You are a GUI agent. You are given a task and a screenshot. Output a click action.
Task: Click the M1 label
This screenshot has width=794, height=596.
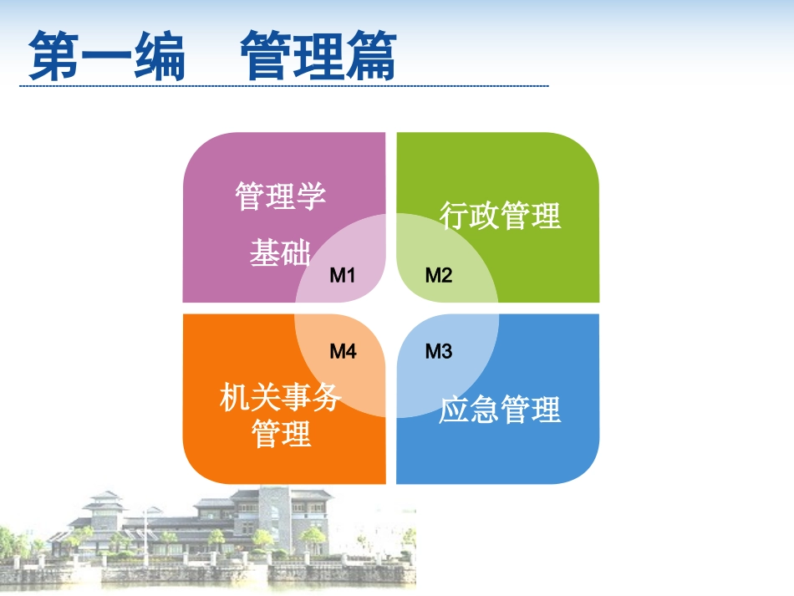pos(343,276)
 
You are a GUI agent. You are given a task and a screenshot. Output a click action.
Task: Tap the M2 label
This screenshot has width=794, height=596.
pos(439,276)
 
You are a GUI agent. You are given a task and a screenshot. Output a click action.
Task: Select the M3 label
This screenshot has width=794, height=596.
pos(439,351)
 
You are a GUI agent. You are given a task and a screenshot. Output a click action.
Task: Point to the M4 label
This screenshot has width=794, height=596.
pos(343,351)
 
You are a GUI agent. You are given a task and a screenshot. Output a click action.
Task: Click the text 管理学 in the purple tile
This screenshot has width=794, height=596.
pos(281,196)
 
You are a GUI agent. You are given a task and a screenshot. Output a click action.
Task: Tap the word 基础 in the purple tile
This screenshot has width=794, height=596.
pos(280,252)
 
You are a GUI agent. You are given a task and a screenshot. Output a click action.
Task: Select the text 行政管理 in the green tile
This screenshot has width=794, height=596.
pos(500,215)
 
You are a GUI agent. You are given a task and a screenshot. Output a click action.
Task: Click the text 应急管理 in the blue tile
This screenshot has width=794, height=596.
pos(500,410)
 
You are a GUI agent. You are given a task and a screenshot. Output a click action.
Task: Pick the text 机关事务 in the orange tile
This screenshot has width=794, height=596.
pos(281,396)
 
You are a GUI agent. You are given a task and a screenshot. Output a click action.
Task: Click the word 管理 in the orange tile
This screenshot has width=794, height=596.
pos(281,434)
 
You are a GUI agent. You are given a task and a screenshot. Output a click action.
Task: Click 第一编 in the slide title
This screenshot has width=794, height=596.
pos(107,55)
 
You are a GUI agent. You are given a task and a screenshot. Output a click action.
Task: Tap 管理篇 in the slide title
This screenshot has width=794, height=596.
pos(318,55)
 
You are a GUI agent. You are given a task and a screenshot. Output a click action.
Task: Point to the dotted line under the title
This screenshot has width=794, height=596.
pos(284,86)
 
